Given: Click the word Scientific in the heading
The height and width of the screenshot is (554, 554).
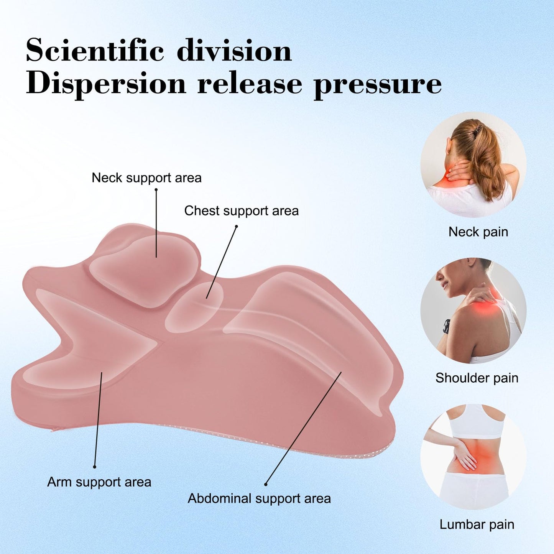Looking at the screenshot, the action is [95, 51].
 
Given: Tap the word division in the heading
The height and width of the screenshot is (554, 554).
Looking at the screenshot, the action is [234, 51].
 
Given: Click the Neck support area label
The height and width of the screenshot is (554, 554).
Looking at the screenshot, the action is [146, 178].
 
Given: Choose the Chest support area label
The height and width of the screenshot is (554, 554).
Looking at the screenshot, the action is [242, 211].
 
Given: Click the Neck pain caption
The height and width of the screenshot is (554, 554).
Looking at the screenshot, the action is [478, 232].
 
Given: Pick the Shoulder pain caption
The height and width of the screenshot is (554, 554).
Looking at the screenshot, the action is [477, 378].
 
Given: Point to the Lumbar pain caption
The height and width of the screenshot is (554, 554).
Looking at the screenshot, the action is [477, 524].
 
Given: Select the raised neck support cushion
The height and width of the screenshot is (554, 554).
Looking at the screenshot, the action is [144, 270].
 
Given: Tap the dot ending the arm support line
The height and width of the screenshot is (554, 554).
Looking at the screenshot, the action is [95, 467].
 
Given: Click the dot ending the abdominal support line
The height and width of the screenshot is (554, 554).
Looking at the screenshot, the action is [266, 485].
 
